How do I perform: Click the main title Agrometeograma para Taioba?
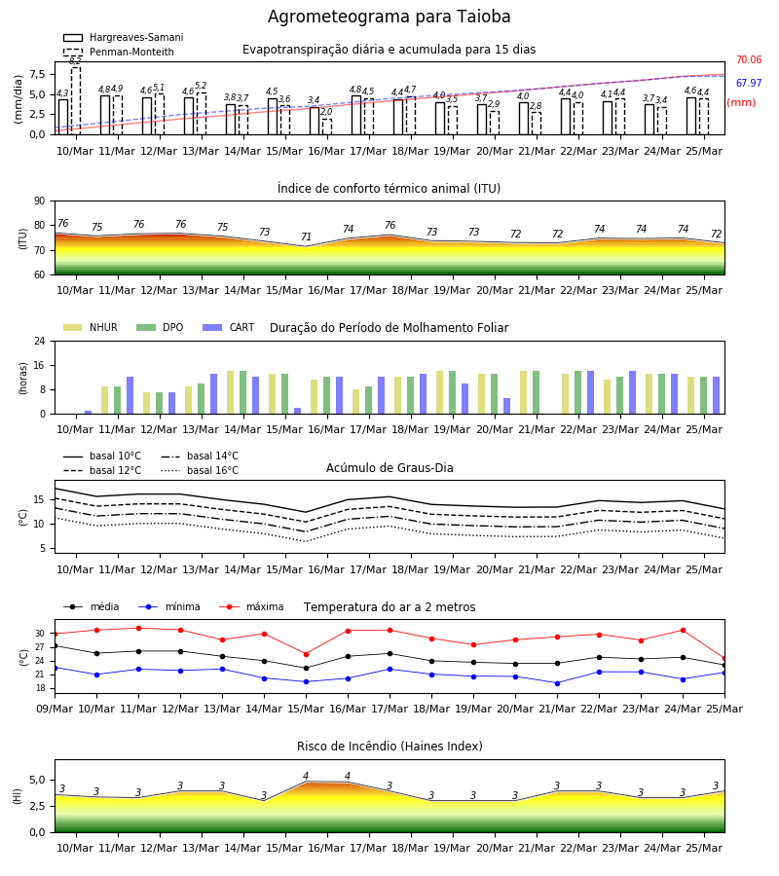click(389, 17)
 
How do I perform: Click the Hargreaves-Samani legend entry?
click(123, 37)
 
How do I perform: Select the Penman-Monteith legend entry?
click(119, 52)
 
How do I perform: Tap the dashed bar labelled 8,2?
click(76, 100)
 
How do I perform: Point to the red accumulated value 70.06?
click(749, 59)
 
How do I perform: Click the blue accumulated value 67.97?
click(749, 84)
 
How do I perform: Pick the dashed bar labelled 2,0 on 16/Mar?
click(327, 127)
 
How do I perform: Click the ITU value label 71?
click(306, 237)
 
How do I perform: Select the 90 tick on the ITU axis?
click(40, 201)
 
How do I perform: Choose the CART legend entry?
click(229, 327)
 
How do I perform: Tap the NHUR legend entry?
click(91, 327)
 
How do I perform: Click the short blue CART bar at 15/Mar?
click(297, 411)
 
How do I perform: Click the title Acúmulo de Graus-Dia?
click(389, 468)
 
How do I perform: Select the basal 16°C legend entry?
click(200, 470)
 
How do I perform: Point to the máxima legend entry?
click(251, 606)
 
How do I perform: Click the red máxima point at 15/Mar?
click(306, 654)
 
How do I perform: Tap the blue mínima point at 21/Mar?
click(557, 683)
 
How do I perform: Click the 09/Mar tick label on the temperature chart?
click(55, 709)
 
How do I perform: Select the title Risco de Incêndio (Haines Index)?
click(389, 747)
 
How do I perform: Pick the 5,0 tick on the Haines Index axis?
click(37, 780)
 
